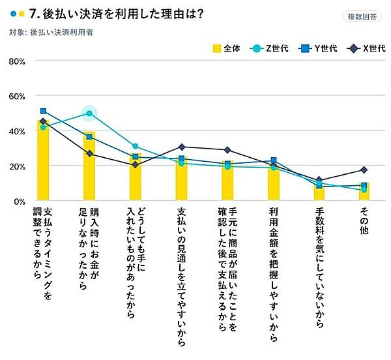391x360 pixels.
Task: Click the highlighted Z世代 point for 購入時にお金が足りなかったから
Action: (x=89, y=113)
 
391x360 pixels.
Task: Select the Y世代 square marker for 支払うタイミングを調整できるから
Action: (x=43, y=112)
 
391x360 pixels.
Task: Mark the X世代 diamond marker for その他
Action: (x=364, y=170)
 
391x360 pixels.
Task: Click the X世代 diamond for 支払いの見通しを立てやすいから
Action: (x=181, y=147)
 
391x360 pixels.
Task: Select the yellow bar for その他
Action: (x=364, y=192)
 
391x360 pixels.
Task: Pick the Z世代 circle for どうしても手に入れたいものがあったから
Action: (x=135, y=147)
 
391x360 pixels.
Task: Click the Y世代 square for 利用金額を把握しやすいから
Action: (x=274, y=160)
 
